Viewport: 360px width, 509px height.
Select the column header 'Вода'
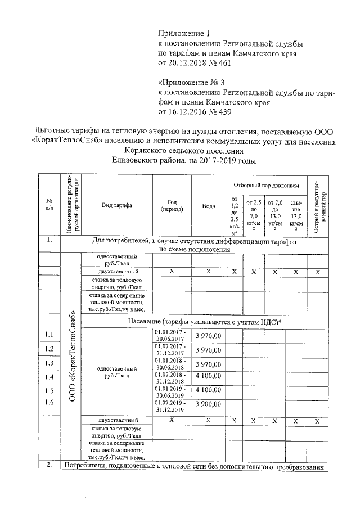[x=208, y=206]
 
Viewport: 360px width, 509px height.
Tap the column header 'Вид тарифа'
[x=116, y=206]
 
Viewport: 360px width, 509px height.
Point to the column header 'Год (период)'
[x=172, y=206]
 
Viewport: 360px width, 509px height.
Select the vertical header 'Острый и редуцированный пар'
[x=317, y=206]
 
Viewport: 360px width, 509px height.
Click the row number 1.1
[x=49, y=335]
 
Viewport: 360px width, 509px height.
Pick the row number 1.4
[x=49, y=376]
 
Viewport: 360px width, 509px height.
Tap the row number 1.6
[x=49, y=402]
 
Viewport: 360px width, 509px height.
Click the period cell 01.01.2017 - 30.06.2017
[x=172, y=336]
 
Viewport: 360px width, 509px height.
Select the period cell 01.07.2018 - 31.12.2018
[x=172, y=376]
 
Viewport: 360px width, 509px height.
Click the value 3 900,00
[x=208, y=404]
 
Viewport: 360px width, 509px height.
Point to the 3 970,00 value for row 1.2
[x=208, y=349]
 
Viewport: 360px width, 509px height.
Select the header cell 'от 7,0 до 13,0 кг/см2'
[x=275, y=215]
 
